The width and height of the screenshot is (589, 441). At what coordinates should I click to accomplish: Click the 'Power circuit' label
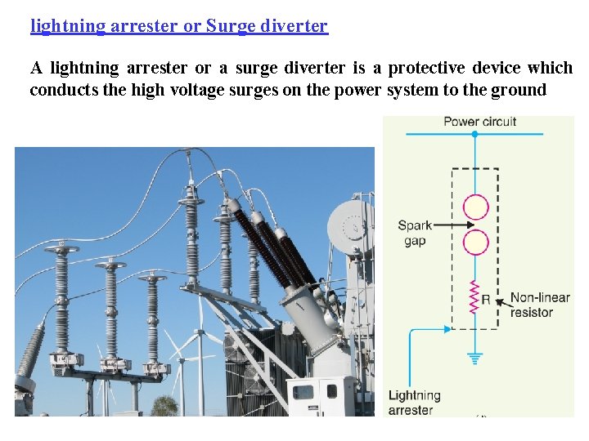tap(479, 122)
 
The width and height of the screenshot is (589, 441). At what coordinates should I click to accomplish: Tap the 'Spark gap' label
tap(415, 233)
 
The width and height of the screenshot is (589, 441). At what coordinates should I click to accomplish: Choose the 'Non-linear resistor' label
tap(539, 305)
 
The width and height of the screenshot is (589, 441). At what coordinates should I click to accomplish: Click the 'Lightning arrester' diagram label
tap(415, 403)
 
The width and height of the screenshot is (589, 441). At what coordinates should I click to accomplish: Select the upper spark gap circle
tap(475, 207)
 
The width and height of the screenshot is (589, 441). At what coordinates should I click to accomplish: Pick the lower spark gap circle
tap(475, 243)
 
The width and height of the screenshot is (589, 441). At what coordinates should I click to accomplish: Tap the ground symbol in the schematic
tap(474, 357)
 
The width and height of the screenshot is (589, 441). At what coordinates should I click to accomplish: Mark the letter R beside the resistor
tap(486, 300)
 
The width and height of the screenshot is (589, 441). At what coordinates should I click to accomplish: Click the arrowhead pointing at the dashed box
tap(447, 329)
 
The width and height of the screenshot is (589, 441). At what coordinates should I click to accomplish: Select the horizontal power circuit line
tap(479, 133)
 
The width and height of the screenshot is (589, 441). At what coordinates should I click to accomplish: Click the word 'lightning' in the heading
tap(68, 26)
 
